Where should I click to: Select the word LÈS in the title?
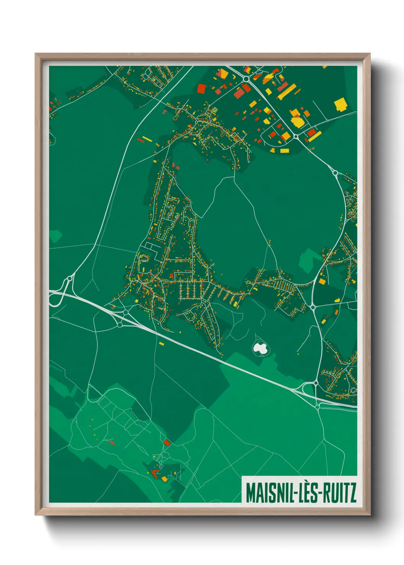click(308, 493)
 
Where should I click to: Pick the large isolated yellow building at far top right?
click(340, 104)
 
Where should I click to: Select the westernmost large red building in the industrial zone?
click(201, 89)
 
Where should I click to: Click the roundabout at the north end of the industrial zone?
click(245, 79)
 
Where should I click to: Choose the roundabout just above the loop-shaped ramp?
click(69, 279)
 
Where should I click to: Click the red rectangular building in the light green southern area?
click(167, 442)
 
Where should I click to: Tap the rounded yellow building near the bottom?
click(165, 478)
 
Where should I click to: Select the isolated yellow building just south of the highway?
click(161, 344)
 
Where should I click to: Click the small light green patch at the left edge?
click(55, 236)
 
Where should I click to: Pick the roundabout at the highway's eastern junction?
click(316, 383)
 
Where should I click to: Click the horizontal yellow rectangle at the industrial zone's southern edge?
click(284, 151)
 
